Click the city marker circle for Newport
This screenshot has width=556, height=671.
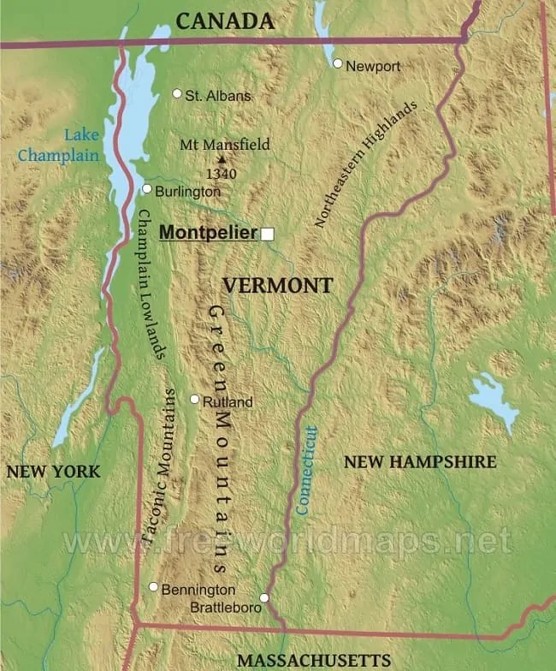click(338, 63)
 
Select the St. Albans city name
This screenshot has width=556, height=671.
click(218, 96)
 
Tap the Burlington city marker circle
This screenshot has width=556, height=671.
click(146, 189)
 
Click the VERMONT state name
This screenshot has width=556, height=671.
click(277, 286)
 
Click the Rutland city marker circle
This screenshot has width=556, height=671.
click(194, 399)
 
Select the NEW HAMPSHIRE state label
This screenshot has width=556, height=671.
click(419, 462)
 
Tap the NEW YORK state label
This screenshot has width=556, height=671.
click(52, 472)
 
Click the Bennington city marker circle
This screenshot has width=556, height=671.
click(153, 587)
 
